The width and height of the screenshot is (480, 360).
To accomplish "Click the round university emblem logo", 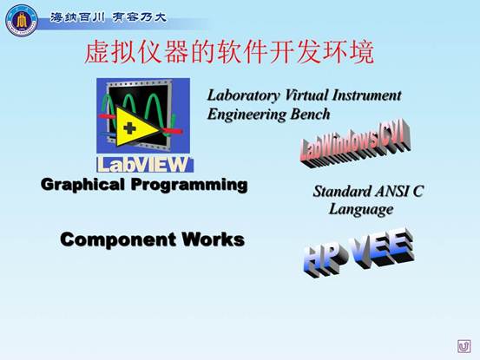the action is [x=22, y=21].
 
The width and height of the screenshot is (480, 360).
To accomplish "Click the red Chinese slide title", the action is [x=229, y=53].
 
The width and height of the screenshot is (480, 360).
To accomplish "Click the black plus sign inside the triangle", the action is [x=129, y=128].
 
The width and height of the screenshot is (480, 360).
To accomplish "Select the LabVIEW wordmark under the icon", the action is [x=144, y=165].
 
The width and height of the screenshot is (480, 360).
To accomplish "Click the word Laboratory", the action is [x=243, y=95].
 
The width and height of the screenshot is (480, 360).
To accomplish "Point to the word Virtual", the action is [x=306, y=95].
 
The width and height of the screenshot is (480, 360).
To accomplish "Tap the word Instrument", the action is [x=367, y=95].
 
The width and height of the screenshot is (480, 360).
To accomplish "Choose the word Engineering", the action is [x=247, y=115].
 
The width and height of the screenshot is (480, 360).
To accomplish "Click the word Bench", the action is [x=310, y=115].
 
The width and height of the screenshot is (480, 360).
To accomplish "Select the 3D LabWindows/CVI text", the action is [x=355, y=143].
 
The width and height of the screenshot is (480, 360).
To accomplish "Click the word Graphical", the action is [x=82, y=185].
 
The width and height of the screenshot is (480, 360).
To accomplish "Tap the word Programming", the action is [x=189, y=186].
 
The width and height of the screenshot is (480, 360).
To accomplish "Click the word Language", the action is [x=361, y=210].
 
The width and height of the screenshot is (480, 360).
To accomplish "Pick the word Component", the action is [x=118, y=239].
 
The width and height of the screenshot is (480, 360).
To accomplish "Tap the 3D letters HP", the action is [x=325, y=258].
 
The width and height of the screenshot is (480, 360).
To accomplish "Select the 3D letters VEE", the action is [x=383, y=248].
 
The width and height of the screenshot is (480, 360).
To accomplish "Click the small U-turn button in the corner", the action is [x=464, y=346].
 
